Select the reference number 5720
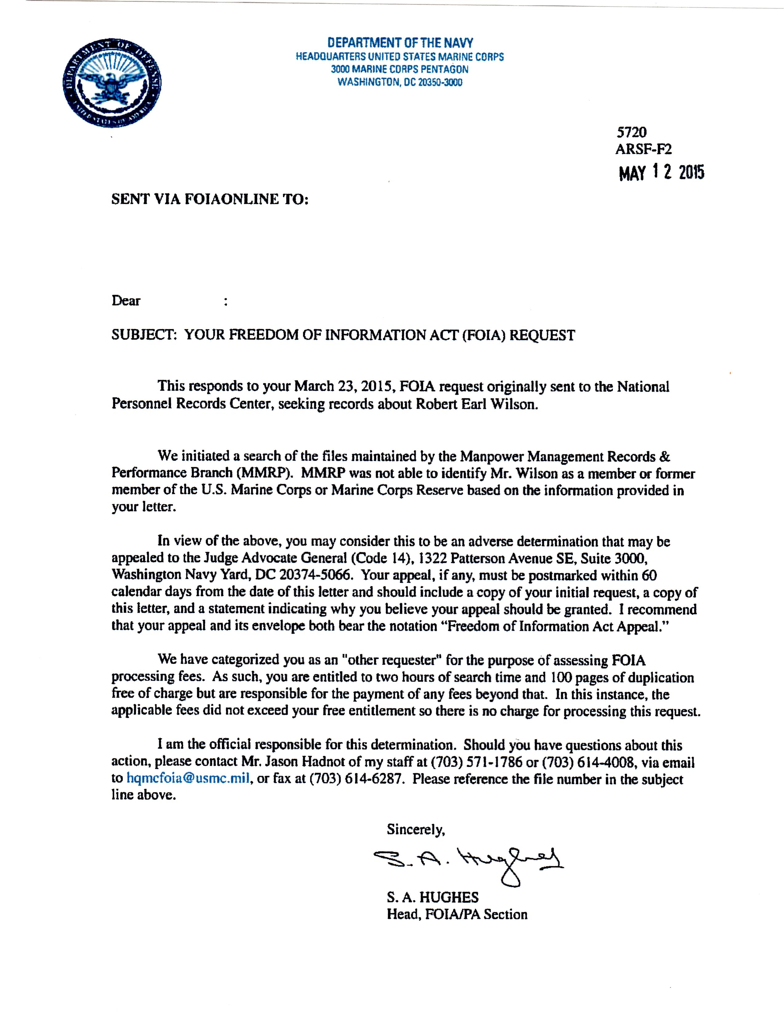tap(631, 133)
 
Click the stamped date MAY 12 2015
tap(661, 173)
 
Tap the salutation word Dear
tap(126, 301)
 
